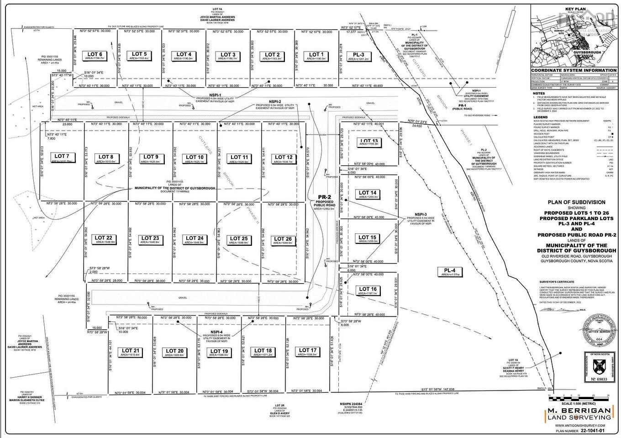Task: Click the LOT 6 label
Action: pyautogui.click(x=95, y=55)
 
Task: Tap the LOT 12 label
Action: pyautogui.click(x=284, y=157)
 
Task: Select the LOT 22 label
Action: pyautogui.click(x=103, y=238)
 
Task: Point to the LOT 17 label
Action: pyautogui.click(x=307, y=350)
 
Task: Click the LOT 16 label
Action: pyautogui.click(x=368, y=289)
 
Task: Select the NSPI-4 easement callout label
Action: pyautogui.click(x=216, y=332)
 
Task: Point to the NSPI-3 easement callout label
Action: pyautogui.click(x=421, y=214)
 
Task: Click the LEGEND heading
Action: pyautogui.click(x=541, y=117)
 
